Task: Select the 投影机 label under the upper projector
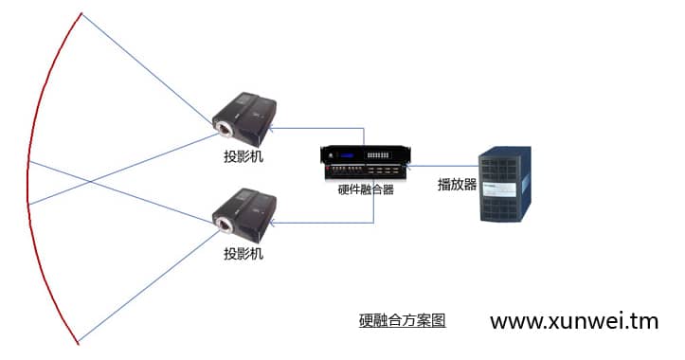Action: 243,156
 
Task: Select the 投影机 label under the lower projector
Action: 243,254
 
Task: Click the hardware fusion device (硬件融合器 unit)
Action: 365,162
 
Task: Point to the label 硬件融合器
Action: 366,189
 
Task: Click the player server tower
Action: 503,186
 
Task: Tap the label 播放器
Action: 457,185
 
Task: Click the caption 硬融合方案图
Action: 402,320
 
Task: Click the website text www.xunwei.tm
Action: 573,321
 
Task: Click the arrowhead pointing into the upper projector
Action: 274,124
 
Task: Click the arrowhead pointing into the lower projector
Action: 274,223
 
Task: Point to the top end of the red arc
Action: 81,13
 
